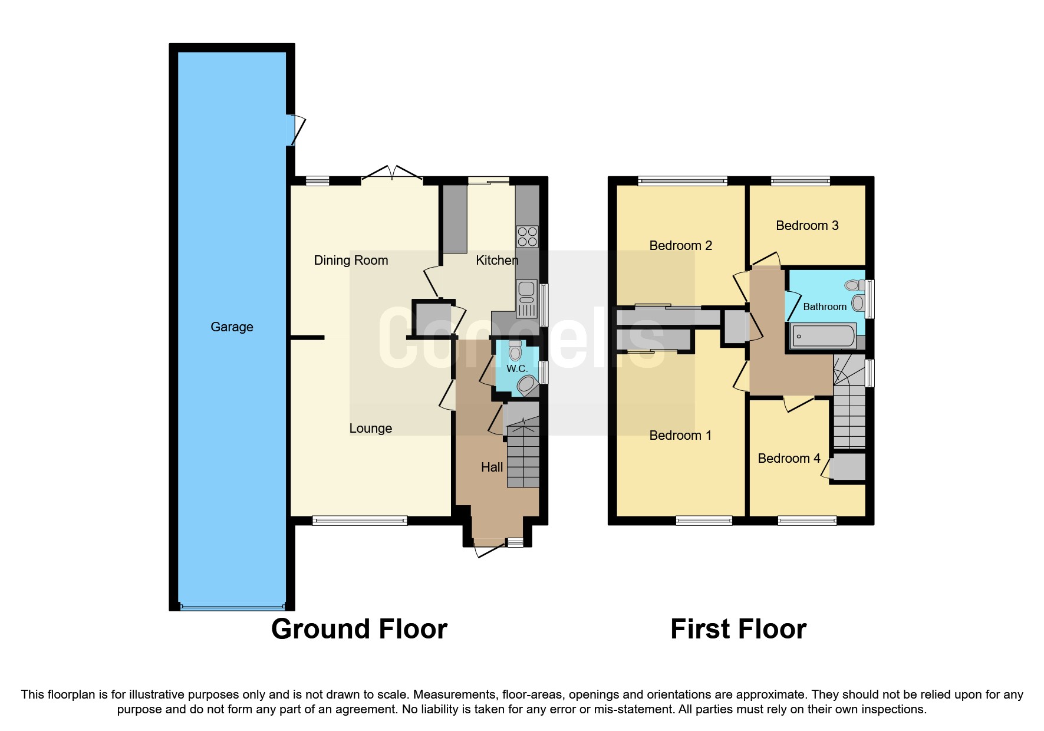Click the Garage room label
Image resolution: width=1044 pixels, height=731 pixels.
coord(232,327)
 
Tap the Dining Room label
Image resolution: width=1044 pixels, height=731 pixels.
coord(351,260)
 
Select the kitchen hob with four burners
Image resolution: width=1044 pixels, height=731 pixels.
coord(527,236)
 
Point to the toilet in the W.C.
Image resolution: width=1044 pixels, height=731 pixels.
coord(515,351)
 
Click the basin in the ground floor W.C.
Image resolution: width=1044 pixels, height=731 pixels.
coord(527,386)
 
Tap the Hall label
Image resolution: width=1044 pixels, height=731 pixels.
coord(492,467)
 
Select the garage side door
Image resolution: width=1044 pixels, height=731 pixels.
coord(295,130)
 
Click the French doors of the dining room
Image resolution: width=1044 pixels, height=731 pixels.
coord(391,173)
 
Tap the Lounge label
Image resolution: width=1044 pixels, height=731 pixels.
coord(370,428)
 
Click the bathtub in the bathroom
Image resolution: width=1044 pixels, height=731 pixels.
coord(824,336)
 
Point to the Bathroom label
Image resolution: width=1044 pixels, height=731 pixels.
coord(824,307)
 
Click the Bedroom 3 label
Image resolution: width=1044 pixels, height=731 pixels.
coord(806,225)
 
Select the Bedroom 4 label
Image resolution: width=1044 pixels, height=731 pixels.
coord(788,458)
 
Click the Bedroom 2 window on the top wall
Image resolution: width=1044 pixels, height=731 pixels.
coord(682,181)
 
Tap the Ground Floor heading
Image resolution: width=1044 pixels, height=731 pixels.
coord(359,628)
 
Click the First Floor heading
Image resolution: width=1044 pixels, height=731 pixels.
coord(738,628)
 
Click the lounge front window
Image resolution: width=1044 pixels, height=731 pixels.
coord(359,520)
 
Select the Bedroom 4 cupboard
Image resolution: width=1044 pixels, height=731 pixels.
coord(848,467)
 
